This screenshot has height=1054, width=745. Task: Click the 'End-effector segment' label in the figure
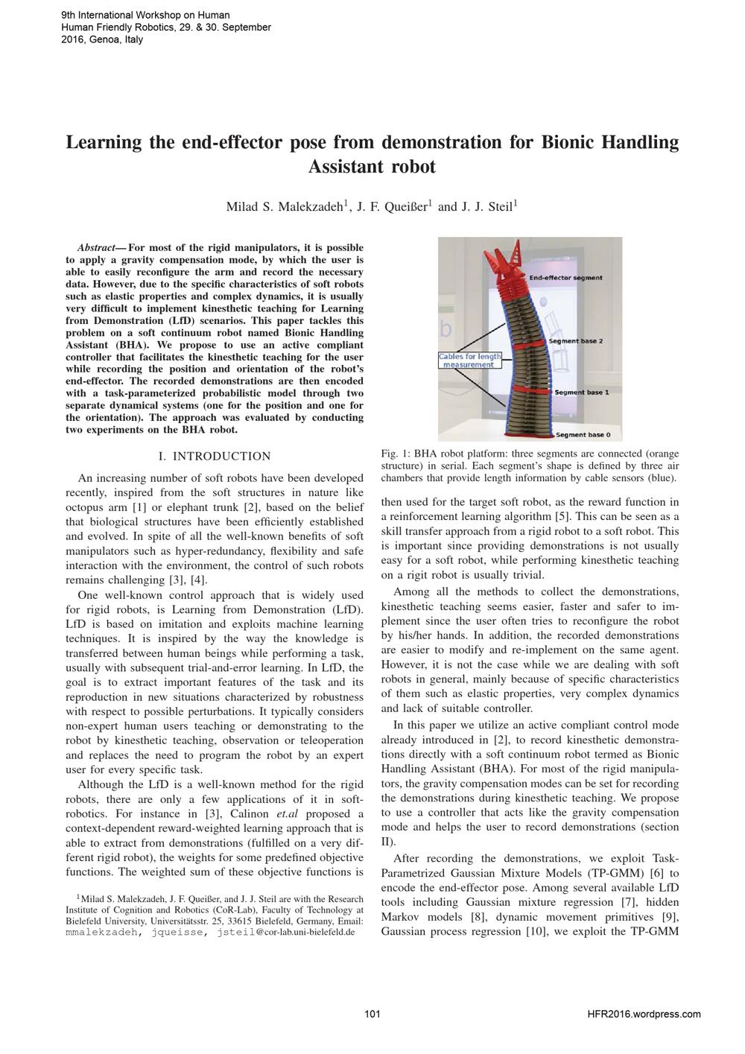pyautogui.click(x=565, y=278)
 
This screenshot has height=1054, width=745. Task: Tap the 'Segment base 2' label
pyautogui.click(x=575, y=341)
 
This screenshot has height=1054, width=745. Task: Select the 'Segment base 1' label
pyautogui.click(x=581, y=392)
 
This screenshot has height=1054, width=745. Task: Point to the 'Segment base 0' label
pyautogui.click(x=583, y=434)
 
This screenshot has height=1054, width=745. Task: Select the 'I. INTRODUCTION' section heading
pyautogui.click(x=215, y=456)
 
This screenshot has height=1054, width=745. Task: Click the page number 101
pyautogui.click(x=372, y=1014)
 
